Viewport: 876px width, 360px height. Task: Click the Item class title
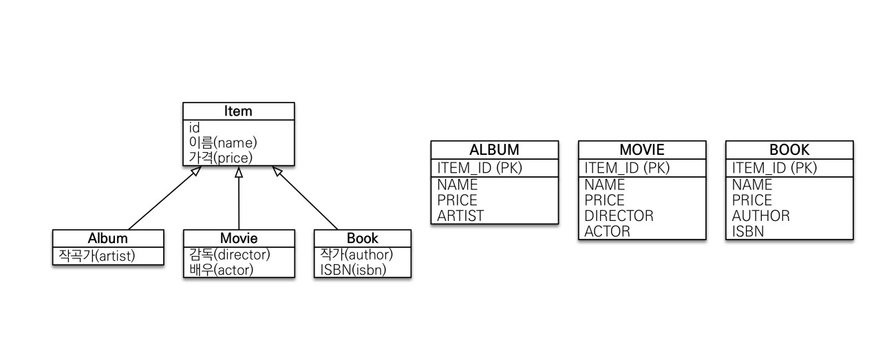point(238,111)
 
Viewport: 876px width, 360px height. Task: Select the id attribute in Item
point(194,128)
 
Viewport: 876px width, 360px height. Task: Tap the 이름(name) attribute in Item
point(222,142)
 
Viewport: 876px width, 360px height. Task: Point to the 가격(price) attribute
point(220,157)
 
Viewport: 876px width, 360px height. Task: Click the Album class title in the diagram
point(108,238)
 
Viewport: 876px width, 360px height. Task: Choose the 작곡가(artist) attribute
point(97,256)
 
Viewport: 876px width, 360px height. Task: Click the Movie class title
point(238,238)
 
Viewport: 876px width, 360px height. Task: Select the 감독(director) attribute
point(229,255)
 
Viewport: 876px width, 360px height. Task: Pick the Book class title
point(362,238)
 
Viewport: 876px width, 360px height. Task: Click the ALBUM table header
point(494,149)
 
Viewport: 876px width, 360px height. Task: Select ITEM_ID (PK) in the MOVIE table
point(627,167)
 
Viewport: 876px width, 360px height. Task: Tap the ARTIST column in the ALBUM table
point(460,215)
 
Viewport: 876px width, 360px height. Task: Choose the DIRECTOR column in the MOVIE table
point(619,215)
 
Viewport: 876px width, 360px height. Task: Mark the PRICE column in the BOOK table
point(751,200)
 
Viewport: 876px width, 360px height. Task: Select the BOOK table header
point(789,149)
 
